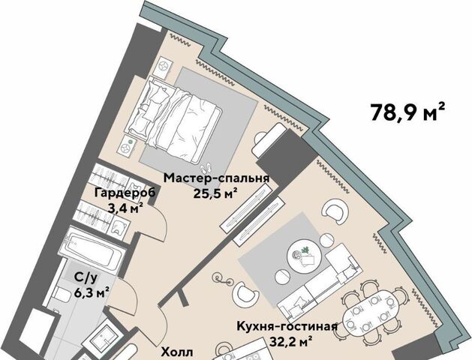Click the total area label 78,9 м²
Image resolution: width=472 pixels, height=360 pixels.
(407, 112)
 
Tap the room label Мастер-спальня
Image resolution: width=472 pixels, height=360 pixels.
(216, 178)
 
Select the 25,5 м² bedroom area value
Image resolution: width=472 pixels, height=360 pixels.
(213, 193)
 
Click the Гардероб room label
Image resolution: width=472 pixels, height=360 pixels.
(125, 193)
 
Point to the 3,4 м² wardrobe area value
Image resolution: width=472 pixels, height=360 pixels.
(125, 208)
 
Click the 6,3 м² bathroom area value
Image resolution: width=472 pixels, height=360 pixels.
(92, 292)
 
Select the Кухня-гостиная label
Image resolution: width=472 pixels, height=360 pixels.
(287, 326)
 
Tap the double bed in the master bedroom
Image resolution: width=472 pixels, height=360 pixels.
(173, 113)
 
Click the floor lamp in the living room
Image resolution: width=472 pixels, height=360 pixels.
(222, 278)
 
